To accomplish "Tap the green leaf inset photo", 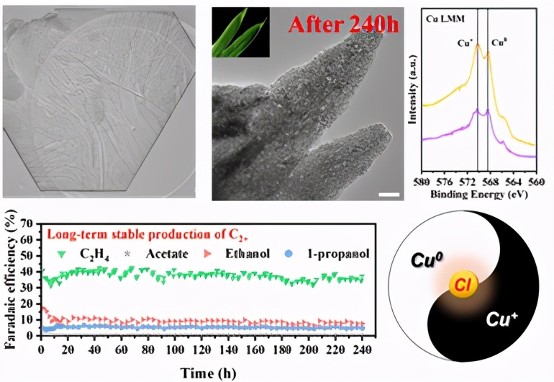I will (x=240, y=32).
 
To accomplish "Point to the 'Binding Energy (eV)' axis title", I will (x=480, y=195).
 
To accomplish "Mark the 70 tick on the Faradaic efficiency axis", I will (x=29, y=224).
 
